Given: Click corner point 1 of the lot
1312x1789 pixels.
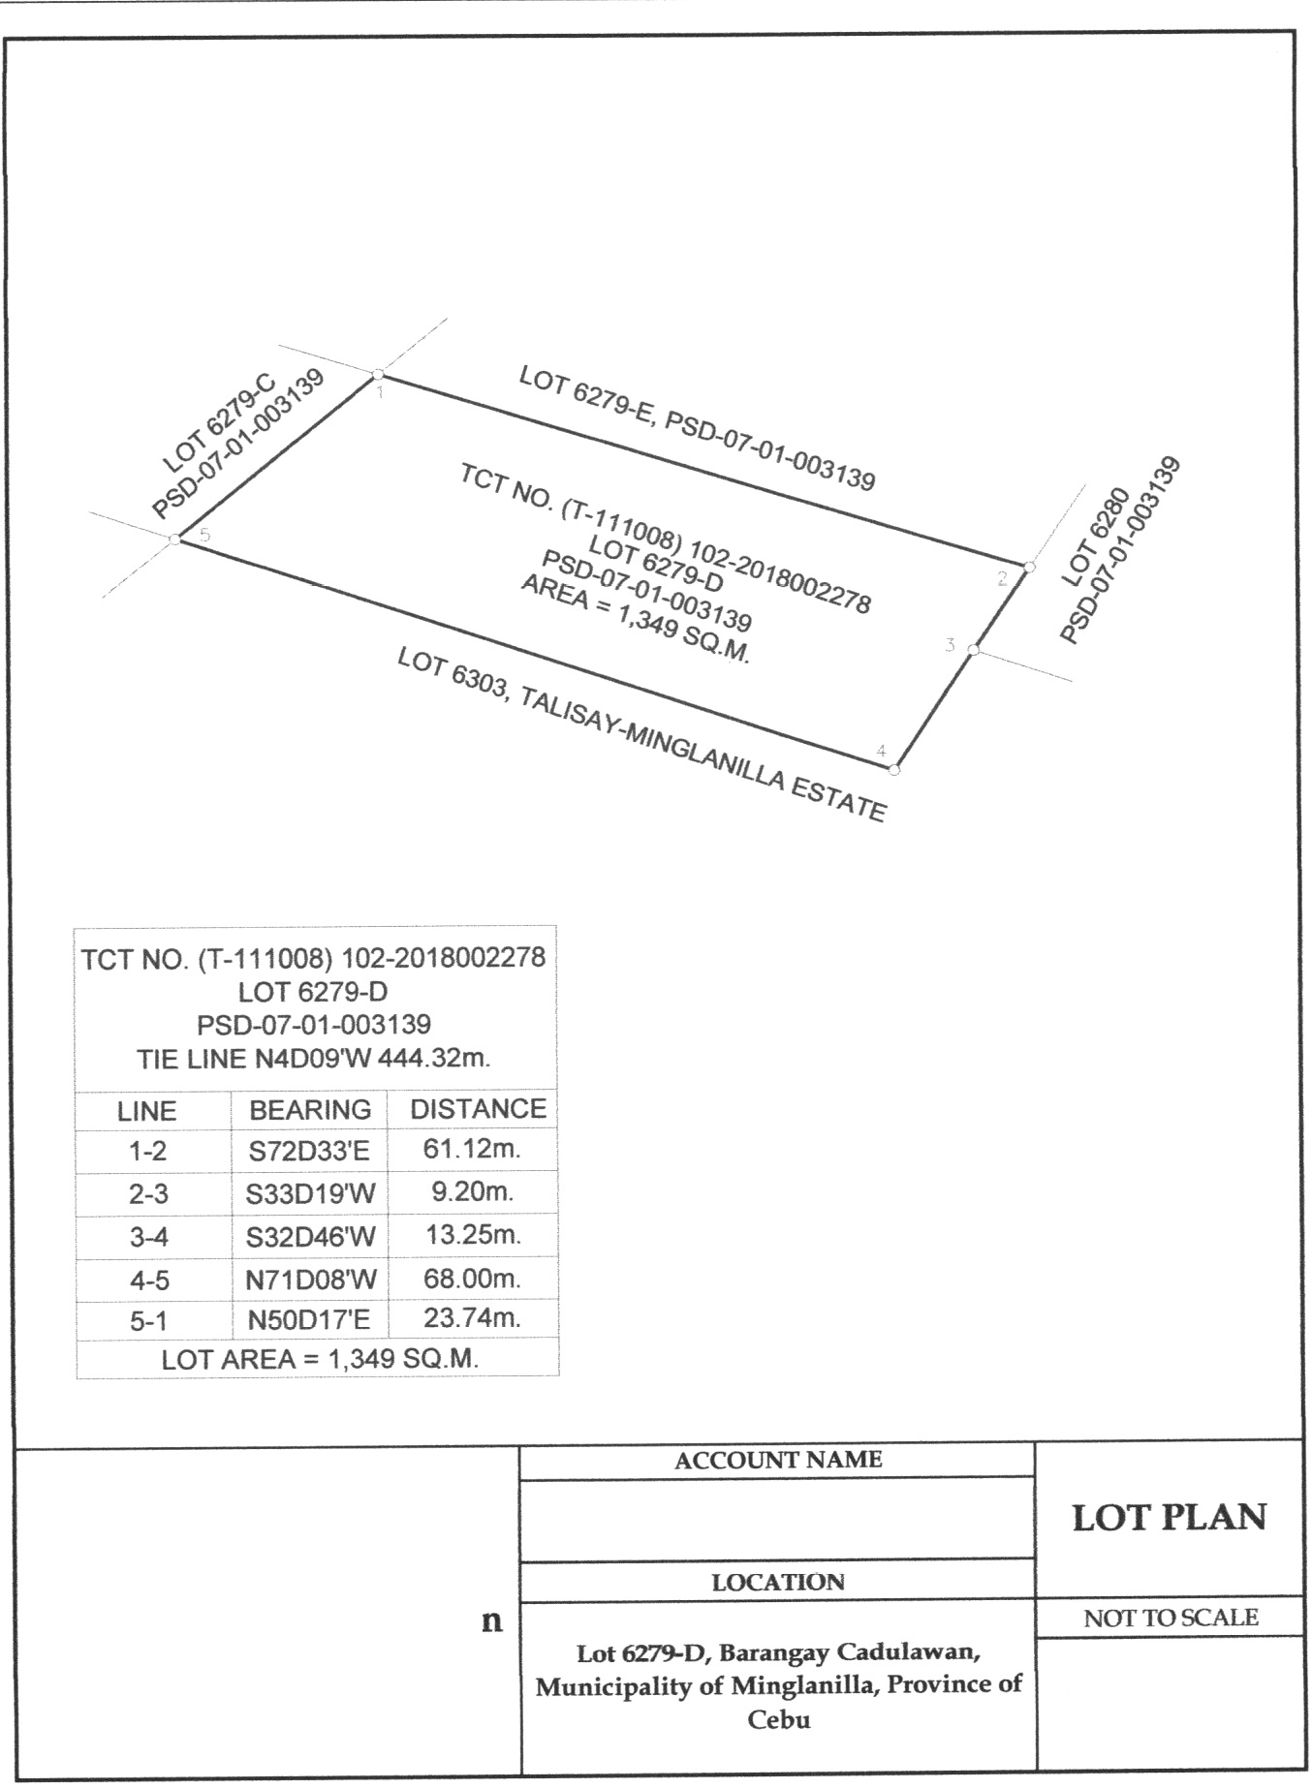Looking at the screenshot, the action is tap(378, 374).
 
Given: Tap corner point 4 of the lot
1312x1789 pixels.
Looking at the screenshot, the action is tap(894, 770).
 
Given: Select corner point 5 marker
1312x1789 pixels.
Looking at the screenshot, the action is tap(175, 540).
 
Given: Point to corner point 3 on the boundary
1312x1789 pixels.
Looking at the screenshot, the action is tap(975, 650).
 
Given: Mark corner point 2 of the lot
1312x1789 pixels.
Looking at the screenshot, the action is tap(1029, 567).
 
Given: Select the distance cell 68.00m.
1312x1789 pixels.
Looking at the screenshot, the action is tap(473, 1279).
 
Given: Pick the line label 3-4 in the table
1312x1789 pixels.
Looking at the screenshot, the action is tap(149, 1238).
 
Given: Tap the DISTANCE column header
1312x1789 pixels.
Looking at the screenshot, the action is tap(479, 1109).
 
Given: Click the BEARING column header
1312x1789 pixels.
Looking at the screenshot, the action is tap(310, 1110).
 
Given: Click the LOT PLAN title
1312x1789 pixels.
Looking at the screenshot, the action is tap(1170, 1518).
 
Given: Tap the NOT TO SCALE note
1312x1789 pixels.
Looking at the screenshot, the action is tap(1171, 1618).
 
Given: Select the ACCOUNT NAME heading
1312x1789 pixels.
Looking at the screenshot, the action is tap(778, 1460).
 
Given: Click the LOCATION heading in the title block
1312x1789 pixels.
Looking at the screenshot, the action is tap(778, 1582).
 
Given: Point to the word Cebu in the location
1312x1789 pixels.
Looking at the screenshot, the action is tap(778, 1720).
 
